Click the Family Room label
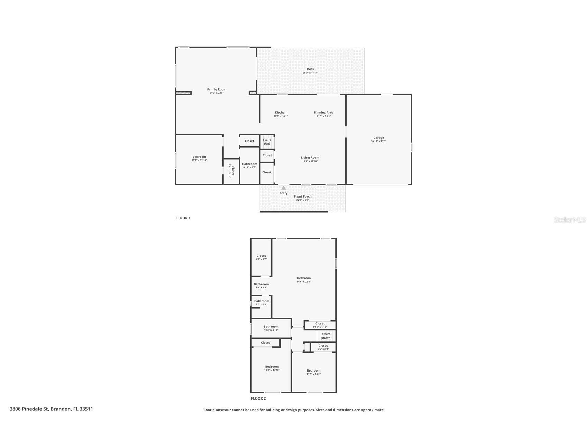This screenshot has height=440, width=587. click(x=217, y=89)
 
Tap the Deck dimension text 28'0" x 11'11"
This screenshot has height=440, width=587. click(x=310, y=73)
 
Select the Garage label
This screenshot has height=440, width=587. click(x=378, y=138)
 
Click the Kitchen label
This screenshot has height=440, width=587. click(x=281, y=112)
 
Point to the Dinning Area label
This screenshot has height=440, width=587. click(x=323, y=112)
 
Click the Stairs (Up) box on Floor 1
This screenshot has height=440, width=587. click(x=267, y=141)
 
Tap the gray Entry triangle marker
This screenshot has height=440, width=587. click(x=283, y=188)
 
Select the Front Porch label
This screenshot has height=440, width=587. click(x=303, y=196)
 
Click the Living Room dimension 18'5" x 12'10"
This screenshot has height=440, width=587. click(x=310, y=161)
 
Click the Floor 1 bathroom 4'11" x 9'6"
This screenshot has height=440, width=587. click(x=249, y=166)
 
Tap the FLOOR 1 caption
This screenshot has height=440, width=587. click(x=183, y=218)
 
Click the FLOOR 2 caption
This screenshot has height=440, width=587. click(x=258, y=398)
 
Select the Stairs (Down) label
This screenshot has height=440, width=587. click(x=326, y=336)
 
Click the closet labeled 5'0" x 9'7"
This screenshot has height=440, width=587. click(x=261, y=257)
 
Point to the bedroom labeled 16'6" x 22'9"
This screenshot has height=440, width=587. click(x=304, y=280)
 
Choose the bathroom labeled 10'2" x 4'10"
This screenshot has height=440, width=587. click(x=271, y=328)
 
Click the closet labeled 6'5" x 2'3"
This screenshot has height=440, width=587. click(x=323, y=347)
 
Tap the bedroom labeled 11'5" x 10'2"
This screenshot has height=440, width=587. click(x=313, y=372)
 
